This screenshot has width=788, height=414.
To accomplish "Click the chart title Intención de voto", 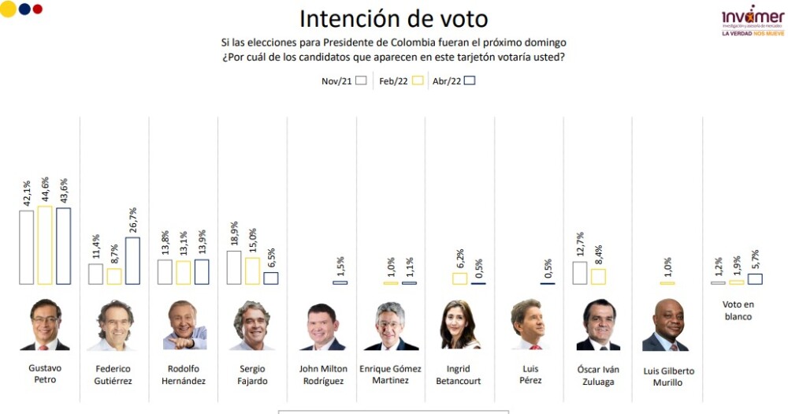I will [393, 18].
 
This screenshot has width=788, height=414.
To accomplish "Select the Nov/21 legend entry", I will [344, 80].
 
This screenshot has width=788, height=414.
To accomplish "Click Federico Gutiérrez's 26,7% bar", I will [133, 261].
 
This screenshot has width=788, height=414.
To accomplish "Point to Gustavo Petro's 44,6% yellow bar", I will [45, 245].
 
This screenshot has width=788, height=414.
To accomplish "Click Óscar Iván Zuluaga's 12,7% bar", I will [579, 273].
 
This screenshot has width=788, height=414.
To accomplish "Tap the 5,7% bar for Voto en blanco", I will [755, 278].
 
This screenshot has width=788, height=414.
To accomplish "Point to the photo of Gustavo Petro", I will [45, 325].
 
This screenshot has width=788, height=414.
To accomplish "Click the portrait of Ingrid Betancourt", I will [460, 325].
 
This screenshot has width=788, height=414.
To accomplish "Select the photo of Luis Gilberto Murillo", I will [665, 325].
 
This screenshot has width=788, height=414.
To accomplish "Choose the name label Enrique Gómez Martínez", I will [390, 375].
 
